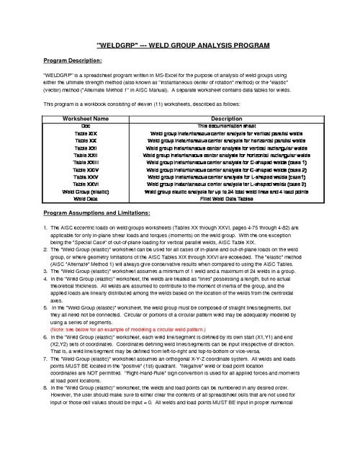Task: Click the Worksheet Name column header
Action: click(x=86, y=118)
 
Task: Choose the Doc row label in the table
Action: click(x=86, y=125)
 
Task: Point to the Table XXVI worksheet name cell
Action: click(x=86, y=183)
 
